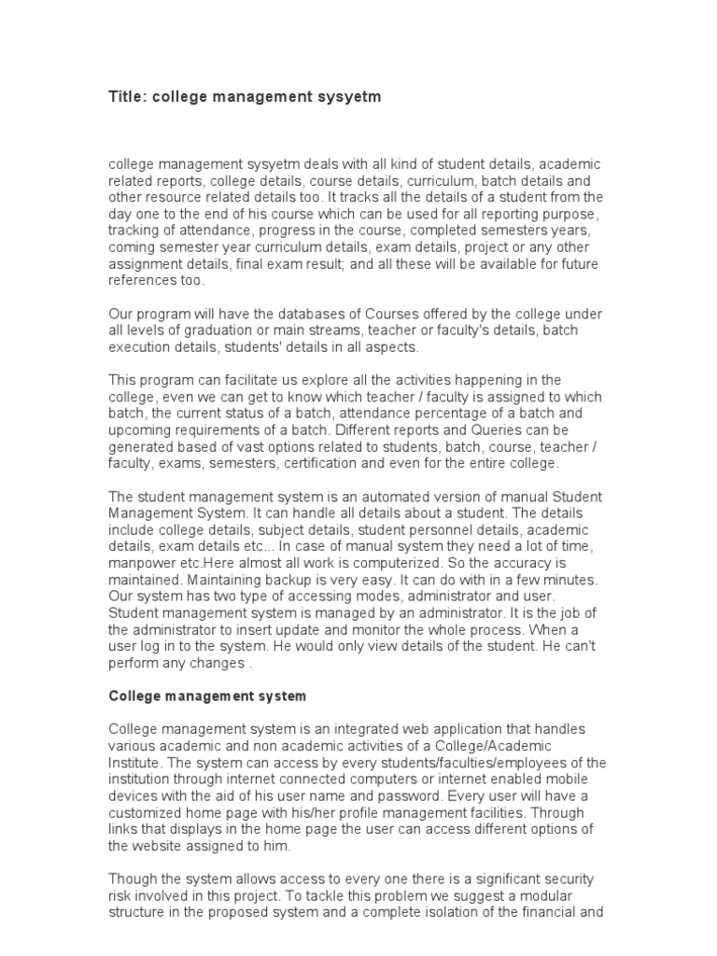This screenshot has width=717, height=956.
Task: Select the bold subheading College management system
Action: [207, 696]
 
